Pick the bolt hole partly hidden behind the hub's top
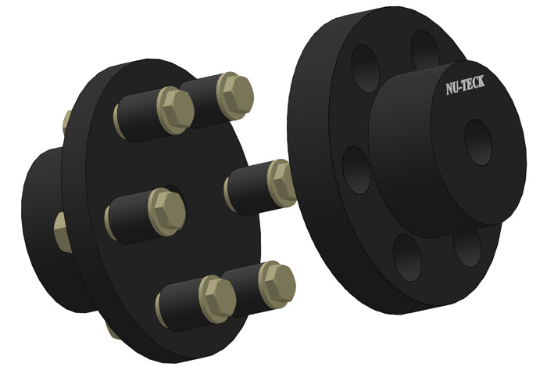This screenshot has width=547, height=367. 423,49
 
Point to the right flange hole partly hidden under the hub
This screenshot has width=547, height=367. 467,249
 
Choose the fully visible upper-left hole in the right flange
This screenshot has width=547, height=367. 366,67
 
